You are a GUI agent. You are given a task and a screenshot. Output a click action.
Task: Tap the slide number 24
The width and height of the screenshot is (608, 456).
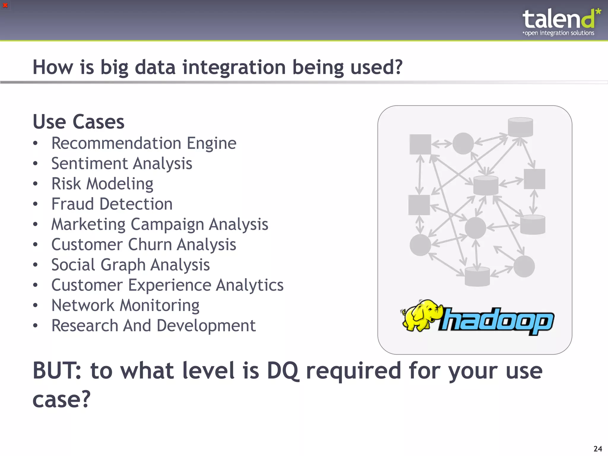coord(598,449)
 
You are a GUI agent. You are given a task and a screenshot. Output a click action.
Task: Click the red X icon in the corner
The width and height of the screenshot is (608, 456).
coord(5,5)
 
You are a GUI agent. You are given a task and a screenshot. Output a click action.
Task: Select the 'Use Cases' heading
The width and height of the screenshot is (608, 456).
coord(78,122)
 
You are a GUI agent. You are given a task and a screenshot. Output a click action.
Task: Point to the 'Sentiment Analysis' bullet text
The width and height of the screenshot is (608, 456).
coord(122,164)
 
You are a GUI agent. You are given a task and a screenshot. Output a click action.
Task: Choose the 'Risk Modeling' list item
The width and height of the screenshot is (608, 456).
coord(102,184)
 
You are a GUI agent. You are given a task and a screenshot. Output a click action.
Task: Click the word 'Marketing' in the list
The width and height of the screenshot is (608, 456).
coord(88,224)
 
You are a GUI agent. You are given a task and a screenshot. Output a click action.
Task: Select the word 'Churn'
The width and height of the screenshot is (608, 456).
coord(150,245)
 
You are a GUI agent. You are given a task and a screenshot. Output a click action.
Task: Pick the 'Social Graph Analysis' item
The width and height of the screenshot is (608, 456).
coord(130,265)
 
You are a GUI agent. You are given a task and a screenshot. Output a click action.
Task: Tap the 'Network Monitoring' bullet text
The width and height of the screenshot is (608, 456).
coord(125,305)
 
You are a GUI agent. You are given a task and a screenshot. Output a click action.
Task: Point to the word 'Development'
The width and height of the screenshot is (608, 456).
coord(206,326)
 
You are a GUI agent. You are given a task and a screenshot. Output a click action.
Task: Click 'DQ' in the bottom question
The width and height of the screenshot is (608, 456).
coord(283,371)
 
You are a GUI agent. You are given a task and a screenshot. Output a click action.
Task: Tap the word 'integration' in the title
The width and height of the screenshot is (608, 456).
coord(234,67)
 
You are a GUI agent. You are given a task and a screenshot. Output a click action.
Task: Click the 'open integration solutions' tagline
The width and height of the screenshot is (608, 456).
coord(559,33)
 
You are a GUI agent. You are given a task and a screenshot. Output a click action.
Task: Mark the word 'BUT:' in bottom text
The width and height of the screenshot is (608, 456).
coord(57,371)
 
